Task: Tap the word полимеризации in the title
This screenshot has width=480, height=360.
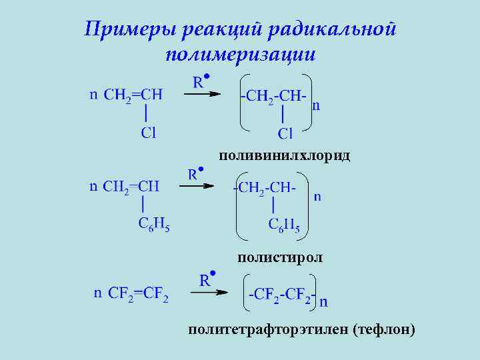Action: coord(240,55)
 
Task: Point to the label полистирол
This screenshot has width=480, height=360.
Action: coord(279,257)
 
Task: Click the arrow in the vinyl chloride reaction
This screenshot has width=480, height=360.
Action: coord(202,94)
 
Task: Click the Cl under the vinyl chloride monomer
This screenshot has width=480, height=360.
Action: coord(148,133)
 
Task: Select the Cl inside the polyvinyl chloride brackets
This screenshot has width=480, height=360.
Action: coord(285,134)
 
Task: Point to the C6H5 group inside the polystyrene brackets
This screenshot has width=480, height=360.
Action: coord(284,225)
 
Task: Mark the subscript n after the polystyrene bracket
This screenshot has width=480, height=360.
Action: coord(317,196)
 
